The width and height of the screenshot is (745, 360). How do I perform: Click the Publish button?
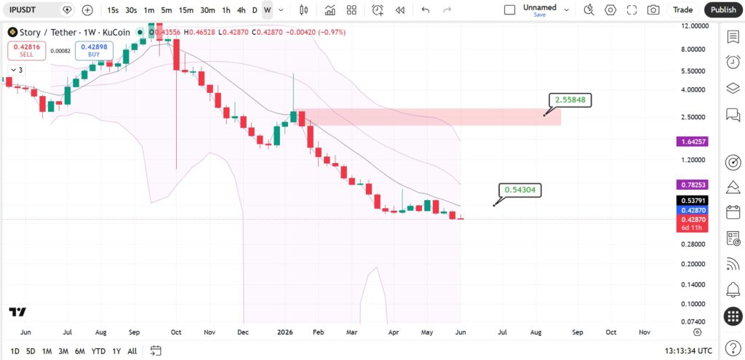tap(723, 9)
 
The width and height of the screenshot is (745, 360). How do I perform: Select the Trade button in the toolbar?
tap(682, 9)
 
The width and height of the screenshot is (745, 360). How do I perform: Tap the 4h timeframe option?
tap(241, 9)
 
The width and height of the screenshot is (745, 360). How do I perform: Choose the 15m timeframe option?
tap(186, 9)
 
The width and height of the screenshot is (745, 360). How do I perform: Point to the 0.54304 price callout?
tap(519, 190)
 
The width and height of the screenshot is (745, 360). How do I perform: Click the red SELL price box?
tap(27, 50)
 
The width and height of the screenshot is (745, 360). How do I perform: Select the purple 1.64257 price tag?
tap(692, 142)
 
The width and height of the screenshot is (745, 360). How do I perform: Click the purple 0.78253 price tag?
tap(692, 185)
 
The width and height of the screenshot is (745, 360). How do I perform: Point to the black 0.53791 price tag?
tap(692, 201)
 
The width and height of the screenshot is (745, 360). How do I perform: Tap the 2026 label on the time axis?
tap(284, 332)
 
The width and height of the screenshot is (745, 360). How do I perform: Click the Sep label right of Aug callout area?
tap(577, 332)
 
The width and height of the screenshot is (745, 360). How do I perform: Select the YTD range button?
tap(98, 351)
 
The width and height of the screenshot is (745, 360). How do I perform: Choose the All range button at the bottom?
tap(132, 351)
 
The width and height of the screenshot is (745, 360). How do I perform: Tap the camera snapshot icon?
tap(653, 9)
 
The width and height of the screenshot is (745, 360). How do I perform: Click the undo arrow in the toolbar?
tap(425, 9)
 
